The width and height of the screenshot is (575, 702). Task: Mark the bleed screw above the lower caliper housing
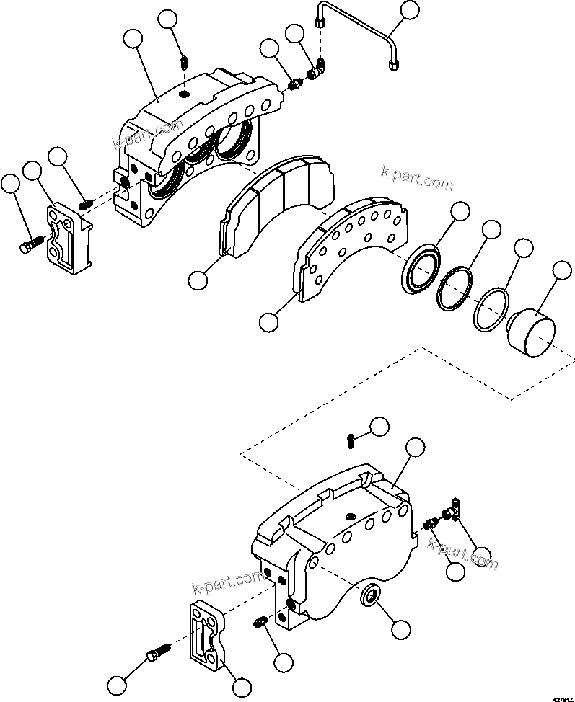click(x=349, y=439)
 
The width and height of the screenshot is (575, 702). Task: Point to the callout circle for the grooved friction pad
click(x=197, y=278)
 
